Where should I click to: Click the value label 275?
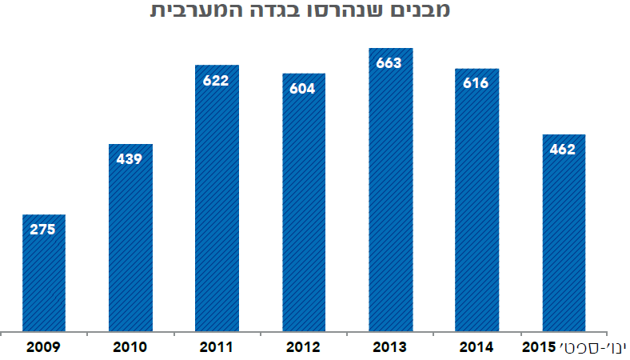pyautogui.click(x=43, y=230)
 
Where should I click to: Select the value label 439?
pyautogui.click(x=130, y=158)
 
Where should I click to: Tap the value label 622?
pyautogui.click(x=217, y=80)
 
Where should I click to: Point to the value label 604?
pyautogui.click(x=303, y=88)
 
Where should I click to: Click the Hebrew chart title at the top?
pyautogui.click(x=299, y=12)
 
